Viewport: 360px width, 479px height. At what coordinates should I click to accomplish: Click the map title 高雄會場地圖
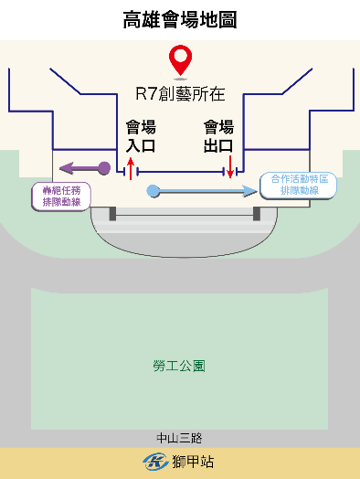(x=179, y=19)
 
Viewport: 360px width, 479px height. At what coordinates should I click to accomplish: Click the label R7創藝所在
(x=180, y=93)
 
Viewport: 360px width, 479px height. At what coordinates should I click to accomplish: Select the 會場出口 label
(x=218, y=136)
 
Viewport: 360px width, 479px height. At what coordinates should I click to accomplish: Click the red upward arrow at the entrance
(x=131, y=168)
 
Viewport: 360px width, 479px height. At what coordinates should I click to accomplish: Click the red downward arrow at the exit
(x=230, y=167)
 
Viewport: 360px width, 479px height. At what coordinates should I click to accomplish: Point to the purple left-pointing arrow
(x=80, y=168)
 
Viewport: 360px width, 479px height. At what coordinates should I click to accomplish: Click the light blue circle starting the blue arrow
(x=154, y=190)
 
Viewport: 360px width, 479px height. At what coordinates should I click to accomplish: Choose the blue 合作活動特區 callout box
(x=298, y=186)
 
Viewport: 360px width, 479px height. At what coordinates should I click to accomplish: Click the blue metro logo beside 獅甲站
(x=154, y=462)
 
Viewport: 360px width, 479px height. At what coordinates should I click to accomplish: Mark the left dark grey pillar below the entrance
(x=112, y=214)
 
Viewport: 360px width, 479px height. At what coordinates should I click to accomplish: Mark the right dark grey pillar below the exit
(x=257, y=214)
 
